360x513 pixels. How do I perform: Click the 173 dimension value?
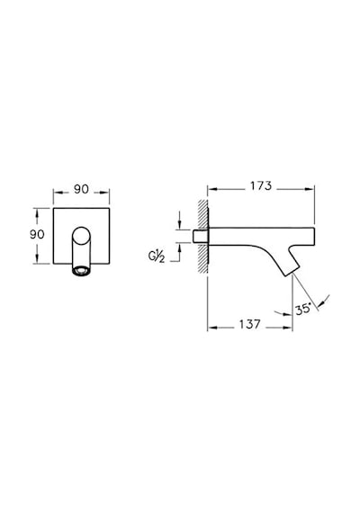(261, 185)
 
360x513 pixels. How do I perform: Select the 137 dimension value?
(249, 324)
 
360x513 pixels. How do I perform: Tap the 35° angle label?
(302, 310)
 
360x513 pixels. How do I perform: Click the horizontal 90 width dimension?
(81, 189)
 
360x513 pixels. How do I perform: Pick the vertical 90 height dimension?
(37, 234)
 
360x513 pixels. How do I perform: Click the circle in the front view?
(81, 235)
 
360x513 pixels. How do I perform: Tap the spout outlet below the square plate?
(81, 270)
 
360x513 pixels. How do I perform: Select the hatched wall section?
(202, 237)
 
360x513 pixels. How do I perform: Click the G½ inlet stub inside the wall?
(200, 236)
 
